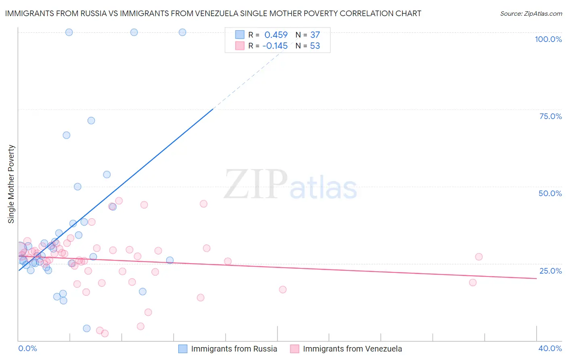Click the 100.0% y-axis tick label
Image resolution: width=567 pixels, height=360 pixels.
548,39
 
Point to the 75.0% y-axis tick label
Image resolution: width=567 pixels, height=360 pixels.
550,116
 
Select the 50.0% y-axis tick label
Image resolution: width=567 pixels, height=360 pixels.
550,193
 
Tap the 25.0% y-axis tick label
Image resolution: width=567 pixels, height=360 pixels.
550,271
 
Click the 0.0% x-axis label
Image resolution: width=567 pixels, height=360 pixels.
27,348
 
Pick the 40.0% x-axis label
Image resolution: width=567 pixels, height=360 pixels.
550,348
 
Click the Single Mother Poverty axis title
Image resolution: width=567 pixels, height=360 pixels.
11,184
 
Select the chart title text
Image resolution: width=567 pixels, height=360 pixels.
213,13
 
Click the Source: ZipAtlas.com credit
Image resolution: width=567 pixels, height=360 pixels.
531,13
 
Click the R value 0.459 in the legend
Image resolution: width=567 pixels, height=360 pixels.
276,35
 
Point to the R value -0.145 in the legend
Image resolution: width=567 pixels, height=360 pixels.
275,46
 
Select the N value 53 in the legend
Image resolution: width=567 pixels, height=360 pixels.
315,46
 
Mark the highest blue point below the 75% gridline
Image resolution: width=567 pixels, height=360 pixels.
91,121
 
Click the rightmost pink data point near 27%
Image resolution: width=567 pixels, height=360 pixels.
479,257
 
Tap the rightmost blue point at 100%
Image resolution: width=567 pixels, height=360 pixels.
182,32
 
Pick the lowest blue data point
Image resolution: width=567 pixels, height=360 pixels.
87,328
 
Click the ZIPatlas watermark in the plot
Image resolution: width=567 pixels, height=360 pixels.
290,185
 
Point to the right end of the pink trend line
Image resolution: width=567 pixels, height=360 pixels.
536,278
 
